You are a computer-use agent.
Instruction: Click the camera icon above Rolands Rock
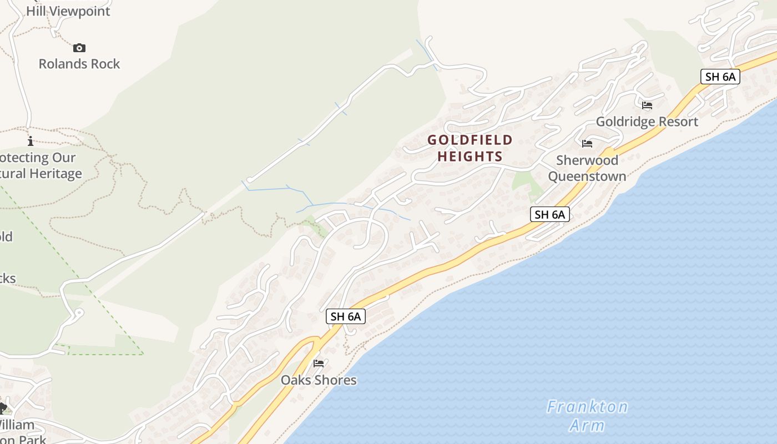(79, 48)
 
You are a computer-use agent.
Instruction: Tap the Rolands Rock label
(79, 64)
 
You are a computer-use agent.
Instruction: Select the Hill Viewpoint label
(68, 11)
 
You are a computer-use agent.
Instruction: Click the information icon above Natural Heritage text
(31, 141)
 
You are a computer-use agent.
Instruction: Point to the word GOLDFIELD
(470, 140)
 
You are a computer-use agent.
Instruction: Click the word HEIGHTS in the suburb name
(470, 157)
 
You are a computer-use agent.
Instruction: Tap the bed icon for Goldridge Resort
(647, 105)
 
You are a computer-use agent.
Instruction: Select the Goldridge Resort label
(647, 122)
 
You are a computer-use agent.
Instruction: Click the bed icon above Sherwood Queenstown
(587, 144)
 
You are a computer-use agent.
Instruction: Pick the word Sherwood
(587, 160)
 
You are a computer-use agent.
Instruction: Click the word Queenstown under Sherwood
(587, 176)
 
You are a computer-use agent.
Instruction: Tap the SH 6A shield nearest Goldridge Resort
(720, 77)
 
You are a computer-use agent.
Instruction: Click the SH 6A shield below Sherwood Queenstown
(549, 214)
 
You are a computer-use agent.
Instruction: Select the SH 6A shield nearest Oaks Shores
(345, 316)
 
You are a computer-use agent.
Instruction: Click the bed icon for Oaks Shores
(319, 364)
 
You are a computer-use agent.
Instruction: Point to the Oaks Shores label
(319, 380)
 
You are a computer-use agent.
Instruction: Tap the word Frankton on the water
(587, 407)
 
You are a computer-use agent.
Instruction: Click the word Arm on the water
(587, 426)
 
